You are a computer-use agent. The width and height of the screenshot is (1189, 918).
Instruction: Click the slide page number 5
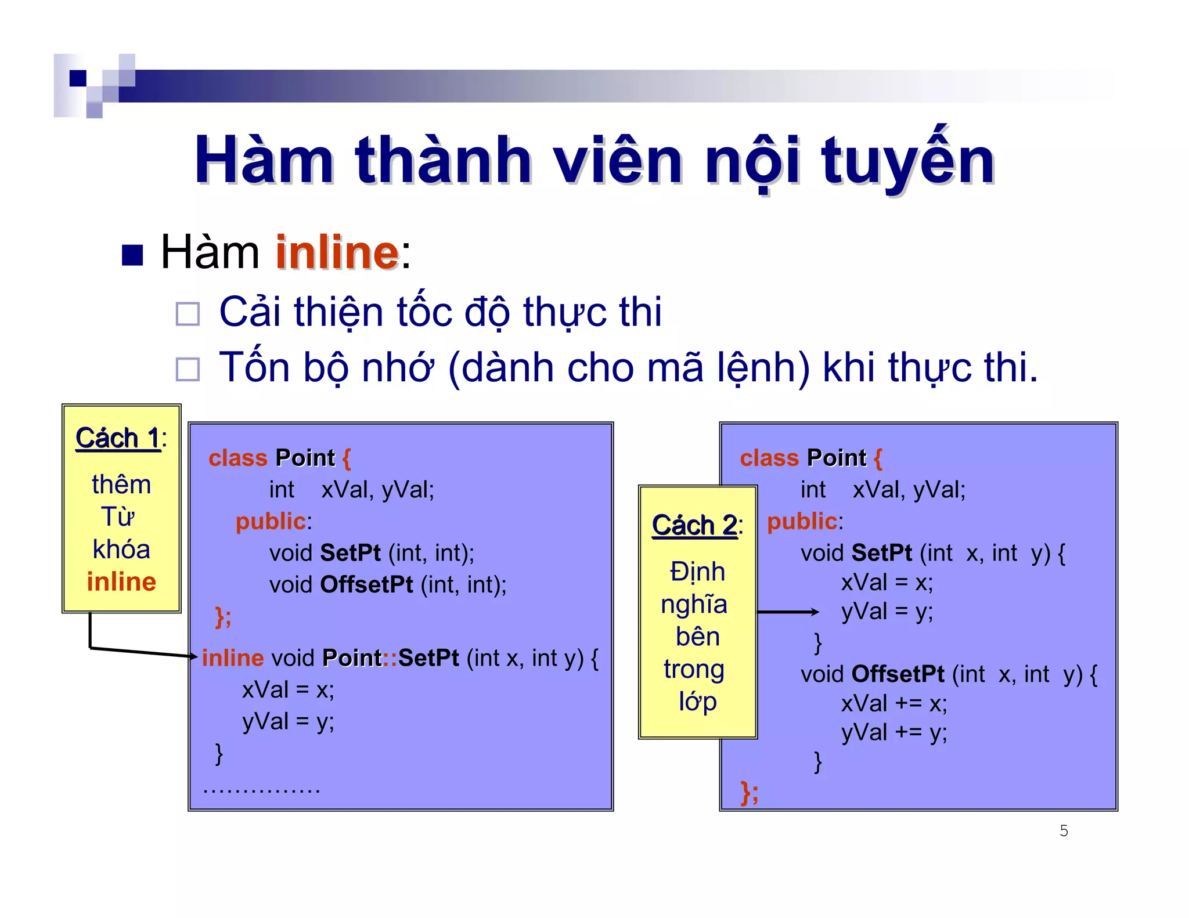tap(1064, 830)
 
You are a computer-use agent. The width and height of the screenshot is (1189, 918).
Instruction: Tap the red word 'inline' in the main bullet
tap(337, 252)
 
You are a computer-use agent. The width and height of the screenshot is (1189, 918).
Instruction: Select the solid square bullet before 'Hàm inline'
tap(132, 255)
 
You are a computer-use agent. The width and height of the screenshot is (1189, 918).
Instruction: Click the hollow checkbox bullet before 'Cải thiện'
tap(188, 314)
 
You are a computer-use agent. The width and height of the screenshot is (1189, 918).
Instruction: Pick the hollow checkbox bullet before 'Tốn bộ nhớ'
tap(188, 369)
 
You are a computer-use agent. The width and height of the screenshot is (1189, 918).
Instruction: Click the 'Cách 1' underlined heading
tap(118, 438)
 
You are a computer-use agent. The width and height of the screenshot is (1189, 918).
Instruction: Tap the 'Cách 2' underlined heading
tap(694, 525)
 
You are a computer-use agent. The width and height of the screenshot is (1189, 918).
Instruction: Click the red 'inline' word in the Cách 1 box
tap(121, 581)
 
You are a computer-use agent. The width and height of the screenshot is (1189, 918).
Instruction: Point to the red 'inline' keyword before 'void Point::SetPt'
tap(233, 658)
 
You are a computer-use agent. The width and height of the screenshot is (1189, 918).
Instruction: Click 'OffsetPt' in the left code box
tap(366, 584)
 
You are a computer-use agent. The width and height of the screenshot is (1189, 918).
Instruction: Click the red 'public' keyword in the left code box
tap(271, 521)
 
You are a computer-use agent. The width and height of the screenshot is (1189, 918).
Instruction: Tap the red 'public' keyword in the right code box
tap(802, 521)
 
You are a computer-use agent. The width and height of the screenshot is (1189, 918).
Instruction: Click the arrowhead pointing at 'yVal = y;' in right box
tap(814, 612)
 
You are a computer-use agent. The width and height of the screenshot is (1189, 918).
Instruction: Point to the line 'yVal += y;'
tap(894, 732)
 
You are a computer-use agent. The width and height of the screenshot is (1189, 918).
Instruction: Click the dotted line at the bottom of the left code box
tap(262, 790)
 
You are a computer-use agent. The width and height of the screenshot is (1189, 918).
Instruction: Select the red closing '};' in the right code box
tap(750, 792)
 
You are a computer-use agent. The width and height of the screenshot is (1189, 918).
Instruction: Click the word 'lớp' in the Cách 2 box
tap(698, 701)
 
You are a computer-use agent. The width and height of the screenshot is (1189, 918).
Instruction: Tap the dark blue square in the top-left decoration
tap(78, 78)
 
